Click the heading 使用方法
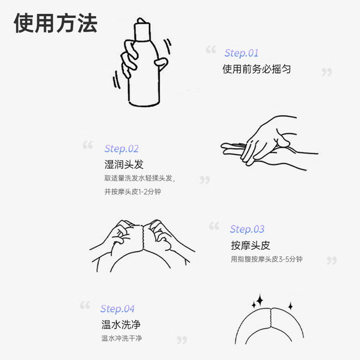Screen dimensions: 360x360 click(x=56, y=23)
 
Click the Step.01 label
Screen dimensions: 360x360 click(x=241, y=53)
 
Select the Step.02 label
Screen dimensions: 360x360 click(x=121, y=148)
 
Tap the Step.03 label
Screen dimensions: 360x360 click(x=247, y=229)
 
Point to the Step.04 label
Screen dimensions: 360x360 click(x=118, y=309)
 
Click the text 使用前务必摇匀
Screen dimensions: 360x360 click(x=256, y=69)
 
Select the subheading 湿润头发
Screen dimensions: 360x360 click(x=124, y=164)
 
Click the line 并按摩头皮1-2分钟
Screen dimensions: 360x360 click(x=133, y=191)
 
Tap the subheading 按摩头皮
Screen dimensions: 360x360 click(x=250, y=245)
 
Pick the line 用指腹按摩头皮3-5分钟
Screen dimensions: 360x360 click(x=267, y=259)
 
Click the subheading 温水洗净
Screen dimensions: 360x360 click(x=121, y=325)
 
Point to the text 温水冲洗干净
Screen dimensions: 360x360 click(x=121, y=338)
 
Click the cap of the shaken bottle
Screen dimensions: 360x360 click(x=142, y=29)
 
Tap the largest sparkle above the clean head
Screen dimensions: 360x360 click(x=260, y=300)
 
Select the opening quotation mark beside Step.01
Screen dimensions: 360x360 click(x=211, y=49)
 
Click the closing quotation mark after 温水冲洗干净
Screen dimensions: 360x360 click(x=182, y=340)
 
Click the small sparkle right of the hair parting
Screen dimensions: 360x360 click(x=290, y=306)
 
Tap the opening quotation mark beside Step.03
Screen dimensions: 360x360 click(x=214, y=226)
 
